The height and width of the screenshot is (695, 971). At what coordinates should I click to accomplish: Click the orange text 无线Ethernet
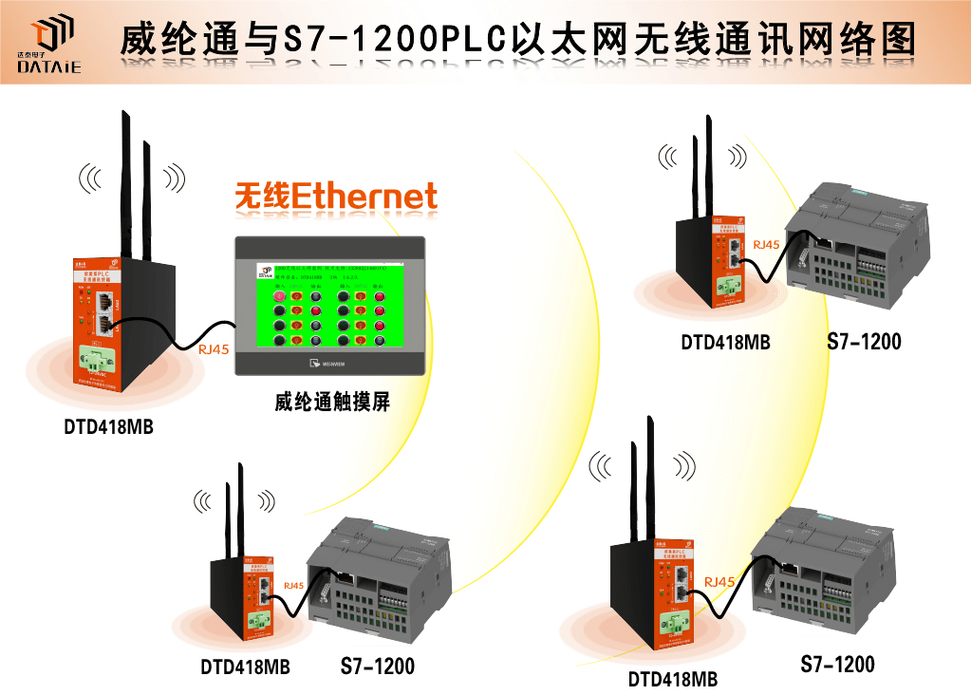tap(336, 197)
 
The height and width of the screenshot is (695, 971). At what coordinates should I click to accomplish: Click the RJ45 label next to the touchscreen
tap(213, 349)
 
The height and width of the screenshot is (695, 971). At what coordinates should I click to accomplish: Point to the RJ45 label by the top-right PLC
tap(766, 244)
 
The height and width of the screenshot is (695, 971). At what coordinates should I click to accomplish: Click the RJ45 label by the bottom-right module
tap(719, 582)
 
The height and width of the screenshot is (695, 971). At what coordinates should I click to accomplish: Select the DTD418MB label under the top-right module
tap(725, 342)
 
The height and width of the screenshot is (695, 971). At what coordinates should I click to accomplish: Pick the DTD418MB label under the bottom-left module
tap(245, 667)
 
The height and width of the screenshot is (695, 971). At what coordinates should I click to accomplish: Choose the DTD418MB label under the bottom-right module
tap(673, 679)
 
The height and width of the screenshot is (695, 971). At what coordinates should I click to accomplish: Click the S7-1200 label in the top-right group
tap(864, 342)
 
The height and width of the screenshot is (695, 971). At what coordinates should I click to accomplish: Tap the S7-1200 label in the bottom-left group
tap(377, 667)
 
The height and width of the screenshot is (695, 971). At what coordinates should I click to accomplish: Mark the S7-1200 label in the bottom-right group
tap(837, 664)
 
